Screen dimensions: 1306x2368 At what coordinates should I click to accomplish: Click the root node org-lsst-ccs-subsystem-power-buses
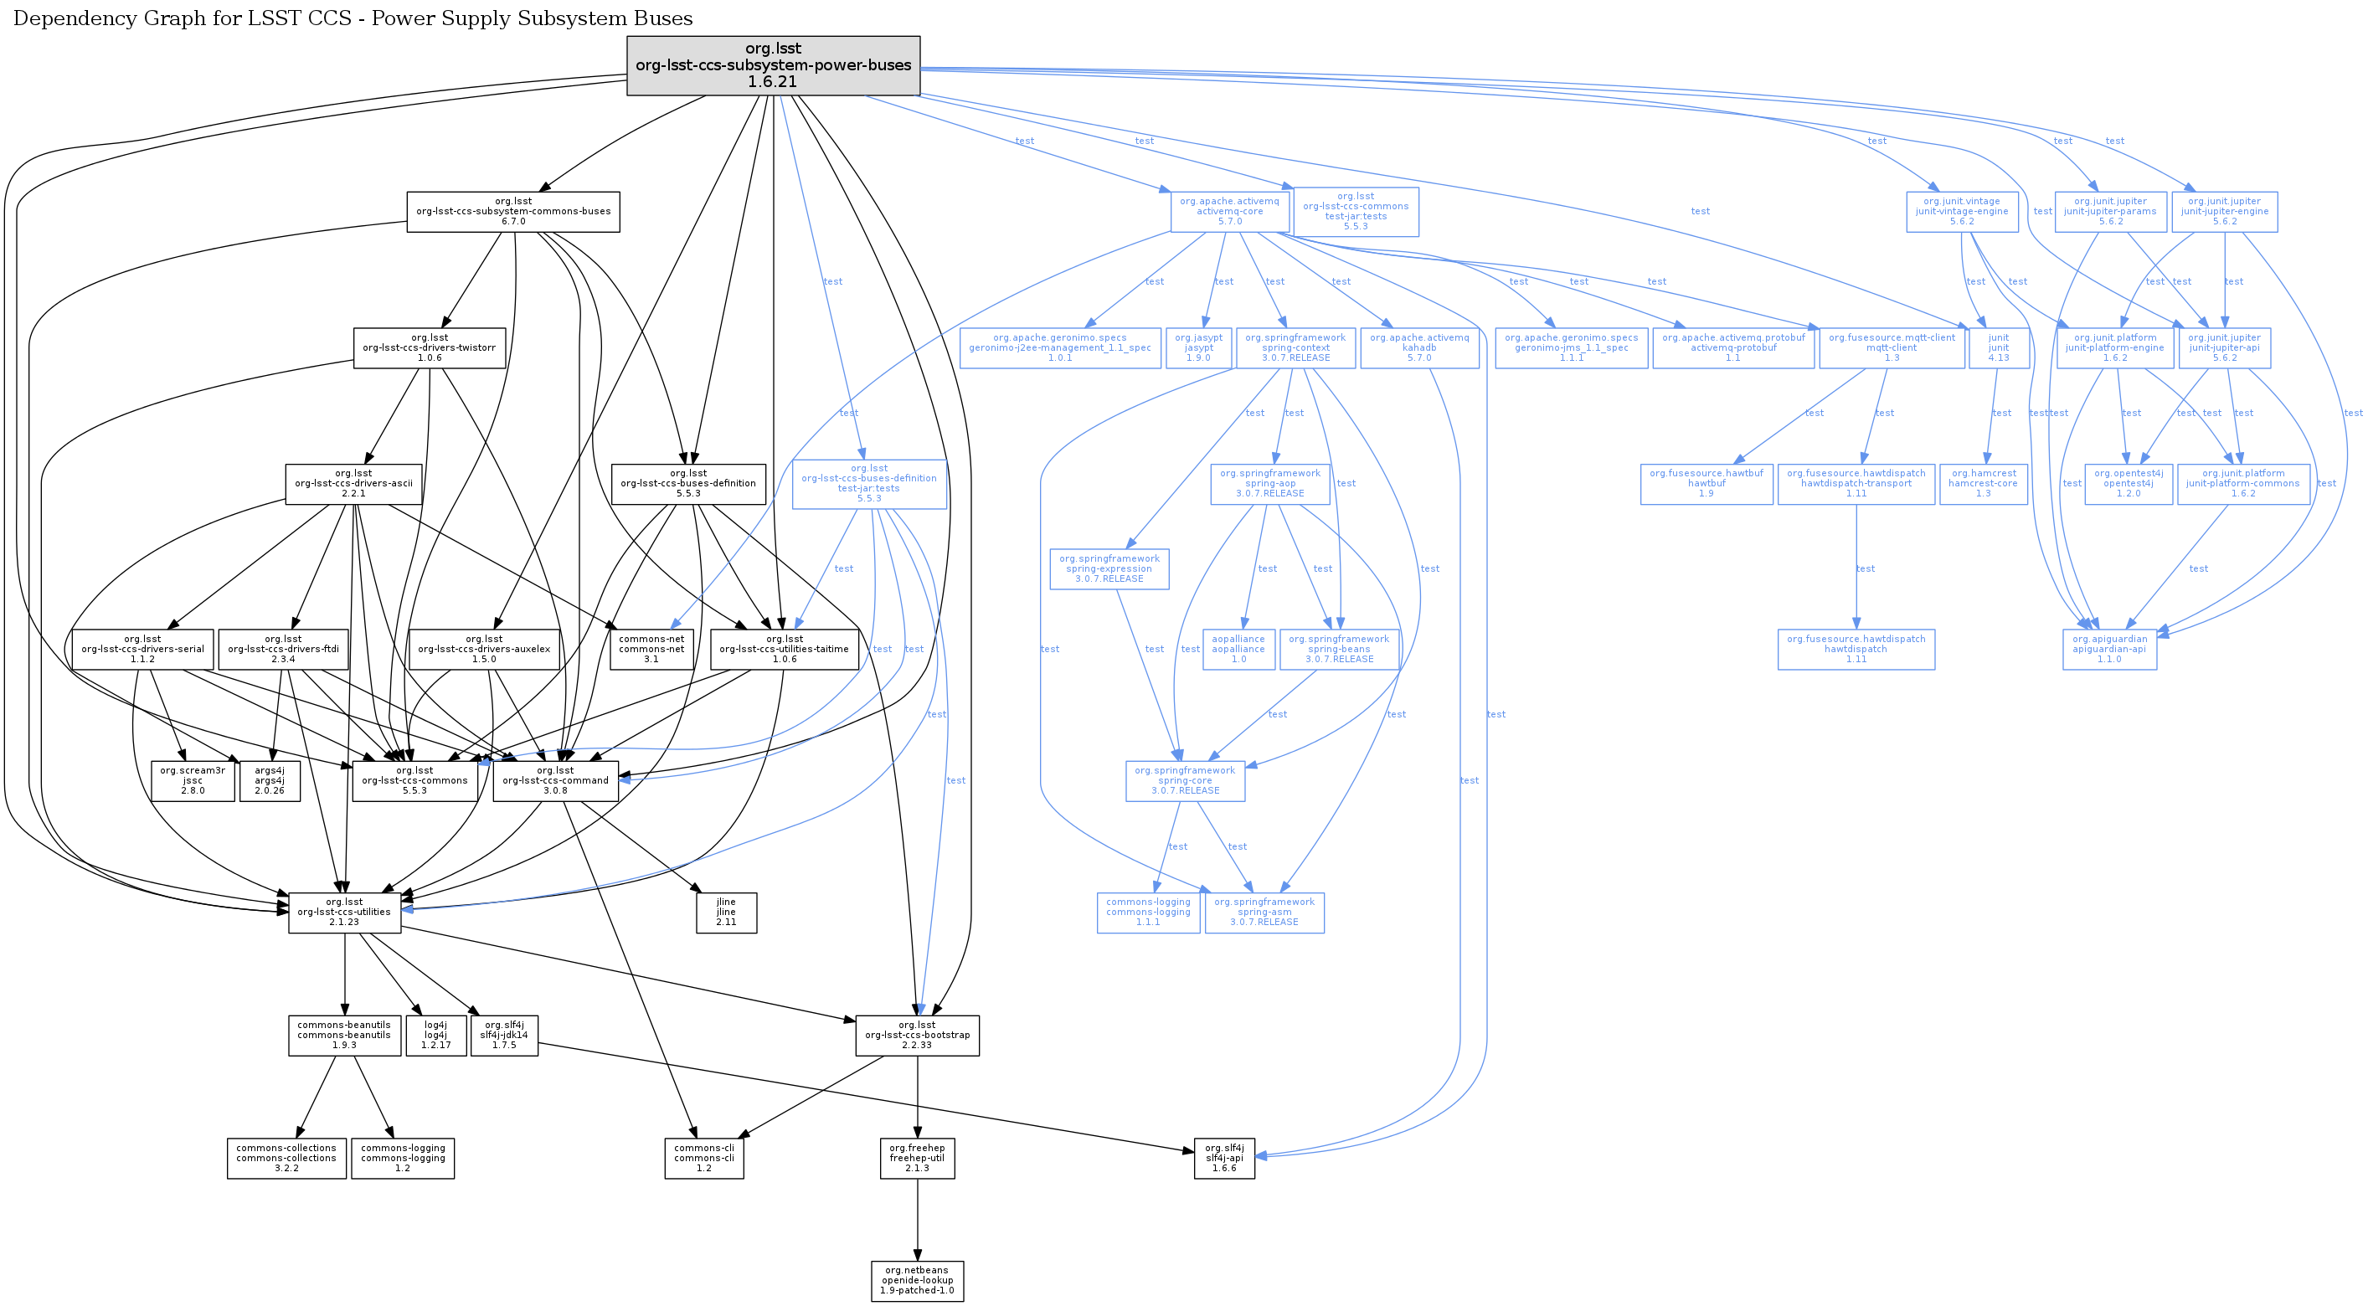click(773, 65)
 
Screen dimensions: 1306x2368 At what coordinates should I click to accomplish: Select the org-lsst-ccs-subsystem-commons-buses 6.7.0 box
click(513, 211)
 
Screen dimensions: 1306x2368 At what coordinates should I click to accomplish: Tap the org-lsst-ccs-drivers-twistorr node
click(430, 347)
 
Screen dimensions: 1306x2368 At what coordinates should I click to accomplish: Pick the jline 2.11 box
click(726, 913)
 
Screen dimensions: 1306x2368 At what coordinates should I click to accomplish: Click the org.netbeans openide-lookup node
click(917, 1280)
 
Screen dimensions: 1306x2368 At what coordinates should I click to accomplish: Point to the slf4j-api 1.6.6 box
click(1223, 1158)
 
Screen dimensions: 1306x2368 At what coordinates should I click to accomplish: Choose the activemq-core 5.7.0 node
click(1229, 211)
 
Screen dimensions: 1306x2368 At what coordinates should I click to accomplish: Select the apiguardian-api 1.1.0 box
click(2110, 649)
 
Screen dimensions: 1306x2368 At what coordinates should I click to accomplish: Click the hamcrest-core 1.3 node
click(1983, 483)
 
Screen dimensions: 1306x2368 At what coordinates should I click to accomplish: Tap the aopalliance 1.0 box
click(1238, 649)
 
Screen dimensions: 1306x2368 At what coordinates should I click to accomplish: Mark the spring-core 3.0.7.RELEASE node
click(1185, 780)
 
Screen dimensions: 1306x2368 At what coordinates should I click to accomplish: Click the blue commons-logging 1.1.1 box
click(1148, 912)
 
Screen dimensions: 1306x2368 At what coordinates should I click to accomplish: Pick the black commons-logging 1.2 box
click(403, 1158)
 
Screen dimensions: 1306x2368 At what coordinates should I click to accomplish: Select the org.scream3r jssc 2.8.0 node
click(192, 780)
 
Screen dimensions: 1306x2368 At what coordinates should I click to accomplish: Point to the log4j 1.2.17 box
click(435, 1035)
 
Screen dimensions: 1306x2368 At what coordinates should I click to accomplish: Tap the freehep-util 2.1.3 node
click(917, 1158)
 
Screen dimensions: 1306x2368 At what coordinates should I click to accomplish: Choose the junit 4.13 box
click(1999, 347)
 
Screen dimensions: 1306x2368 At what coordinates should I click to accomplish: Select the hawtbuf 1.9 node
click(1707, 483)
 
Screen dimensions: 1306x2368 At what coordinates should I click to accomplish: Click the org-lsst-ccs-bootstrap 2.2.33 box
click(917, 1035)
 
